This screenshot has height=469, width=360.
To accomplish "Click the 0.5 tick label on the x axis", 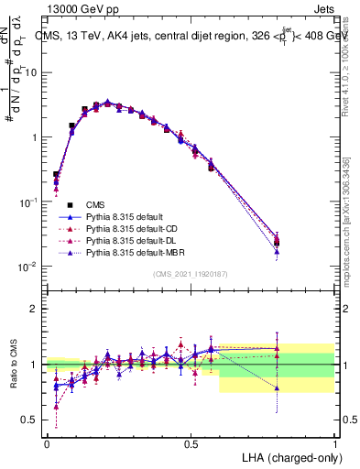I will coord(191,443).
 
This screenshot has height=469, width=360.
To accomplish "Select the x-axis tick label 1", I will coord(334,443).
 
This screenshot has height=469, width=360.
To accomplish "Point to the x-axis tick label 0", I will coord(47,443).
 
